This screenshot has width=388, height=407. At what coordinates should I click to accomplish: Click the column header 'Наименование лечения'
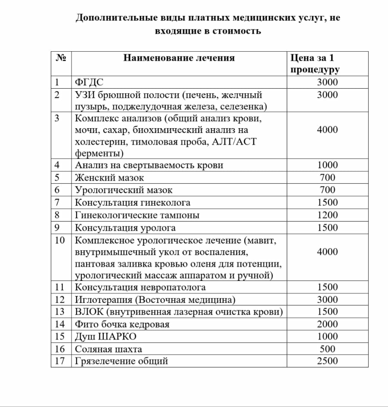179,58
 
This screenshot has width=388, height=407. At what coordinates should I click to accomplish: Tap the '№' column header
61,58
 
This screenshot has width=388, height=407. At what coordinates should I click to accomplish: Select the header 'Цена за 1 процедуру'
314,64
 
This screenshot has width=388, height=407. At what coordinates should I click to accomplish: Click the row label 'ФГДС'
89,83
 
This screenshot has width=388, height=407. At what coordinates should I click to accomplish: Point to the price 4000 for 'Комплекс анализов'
327,130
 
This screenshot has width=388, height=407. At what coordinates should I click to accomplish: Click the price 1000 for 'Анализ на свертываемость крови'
327,165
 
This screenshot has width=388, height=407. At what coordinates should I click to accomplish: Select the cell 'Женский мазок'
109,178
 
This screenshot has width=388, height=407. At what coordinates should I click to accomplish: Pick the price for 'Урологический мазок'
327,190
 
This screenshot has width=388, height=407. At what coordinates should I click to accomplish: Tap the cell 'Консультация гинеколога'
133,203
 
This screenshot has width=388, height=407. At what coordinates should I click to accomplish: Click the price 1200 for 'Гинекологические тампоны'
327,215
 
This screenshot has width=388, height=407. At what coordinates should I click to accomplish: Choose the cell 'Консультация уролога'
125,228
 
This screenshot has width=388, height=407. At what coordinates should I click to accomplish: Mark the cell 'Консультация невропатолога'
140,287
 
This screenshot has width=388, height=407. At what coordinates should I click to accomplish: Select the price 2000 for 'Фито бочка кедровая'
327,324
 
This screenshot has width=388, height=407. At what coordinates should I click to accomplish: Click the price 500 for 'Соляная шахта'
327,349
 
